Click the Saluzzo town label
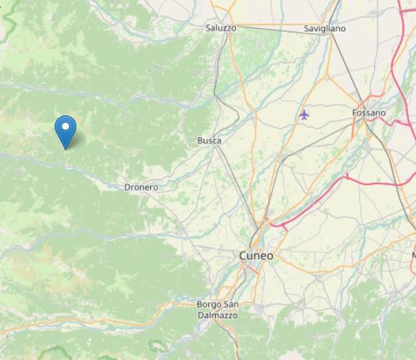[220, 28]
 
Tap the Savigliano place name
[324, 29]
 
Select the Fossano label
[368, 113]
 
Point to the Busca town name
[210, 141]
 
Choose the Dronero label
[141, 188]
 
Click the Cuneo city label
[256, 256]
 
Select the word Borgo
[208, 303]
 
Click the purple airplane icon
[304, 115]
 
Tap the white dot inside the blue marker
[66, 125]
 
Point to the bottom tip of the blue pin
[66, 148]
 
